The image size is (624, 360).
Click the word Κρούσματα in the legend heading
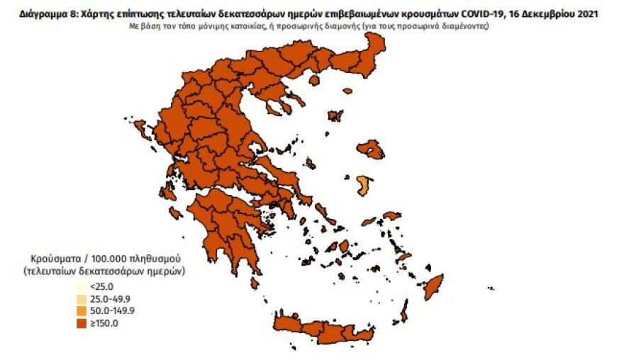pyautogui.click(x=53, y=259)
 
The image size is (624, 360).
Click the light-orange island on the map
pyautogui.click(x=364, y=186)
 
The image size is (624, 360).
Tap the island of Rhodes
pyautogui.click(x=432, y=286)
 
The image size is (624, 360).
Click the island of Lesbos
pyautogui.click(x=371, y=150)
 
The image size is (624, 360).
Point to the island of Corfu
pyautogui.click(x=140, y=130)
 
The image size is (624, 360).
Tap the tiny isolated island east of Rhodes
pyautogui.click(x=490, y=288)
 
